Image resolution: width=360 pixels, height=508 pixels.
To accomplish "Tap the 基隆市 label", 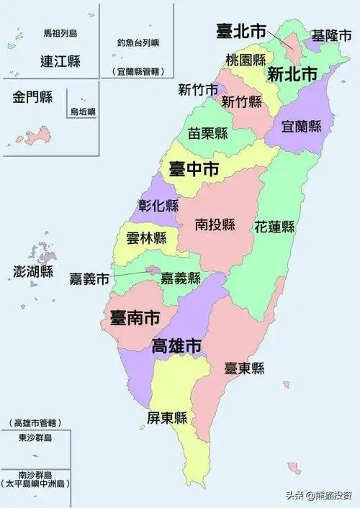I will pos(331,35).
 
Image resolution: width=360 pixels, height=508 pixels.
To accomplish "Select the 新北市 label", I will pos(292,73).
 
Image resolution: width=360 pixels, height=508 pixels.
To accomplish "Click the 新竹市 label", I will pos(198,90).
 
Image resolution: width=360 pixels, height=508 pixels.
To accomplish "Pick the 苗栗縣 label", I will pos(209,133).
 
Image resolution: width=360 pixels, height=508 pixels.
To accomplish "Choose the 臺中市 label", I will pos(194,170).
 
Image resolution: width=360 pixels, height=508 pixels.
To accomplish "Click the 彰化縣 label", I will pos(158,205).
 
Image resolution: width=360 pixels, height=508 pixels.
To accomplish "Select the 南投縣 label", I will pos(215,224).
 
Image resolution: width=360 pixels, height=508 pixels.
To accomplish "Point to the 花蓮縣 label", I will pos(274,227).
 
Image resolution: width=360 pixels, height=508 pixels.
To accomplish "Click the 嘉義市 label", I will pos(89,278).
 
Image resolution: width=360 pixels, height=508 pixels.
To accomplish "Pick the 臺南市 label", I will pos(135,316).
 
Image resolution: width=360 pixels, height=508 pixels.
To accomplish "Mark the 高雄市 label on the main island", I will pos(176,345).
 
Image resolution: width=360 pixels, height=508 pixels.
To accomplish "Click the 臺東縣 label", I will pos(244,368).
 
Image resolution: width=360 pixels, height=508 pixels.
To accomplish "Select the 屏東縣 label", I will pos(167,418).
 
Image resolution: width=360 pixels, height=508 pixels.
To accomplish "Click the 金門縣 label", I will pos(32,98).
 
